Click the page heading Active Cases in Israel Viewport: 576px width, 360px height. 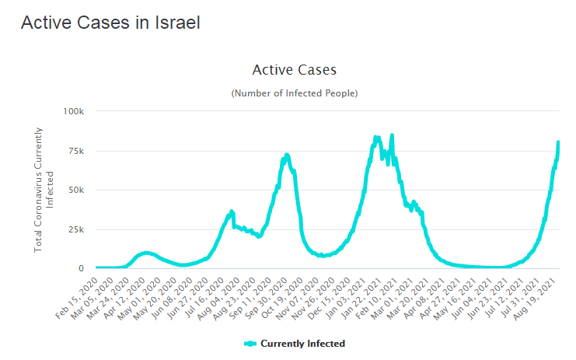click(x=110, y=23)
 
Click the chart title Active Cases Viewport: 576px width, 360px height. click(x=295, y=70)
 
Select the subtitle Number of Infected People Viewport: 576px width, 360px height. click(x=295, y=93)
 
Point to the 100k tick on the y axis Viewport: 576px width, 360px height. click(x=74, y=111)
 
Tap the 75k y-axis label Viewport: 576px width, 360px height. click(x=77, y=151)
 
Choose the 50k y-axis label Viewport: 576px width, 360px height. click(x=77, y=190)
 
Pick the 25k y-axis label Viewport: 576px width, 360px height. click(x=77, y=229)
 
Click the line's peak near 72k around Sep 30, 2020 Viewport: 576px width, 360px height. click(x=287, y=155)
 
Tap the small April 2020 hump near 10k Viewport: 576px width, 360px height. click(x=146, y=253)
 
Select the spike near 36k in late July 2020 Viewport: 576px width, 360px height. click(x=231, y=211)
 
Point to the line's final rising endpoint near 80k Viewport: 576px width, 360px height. click(x=558, y=142)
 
